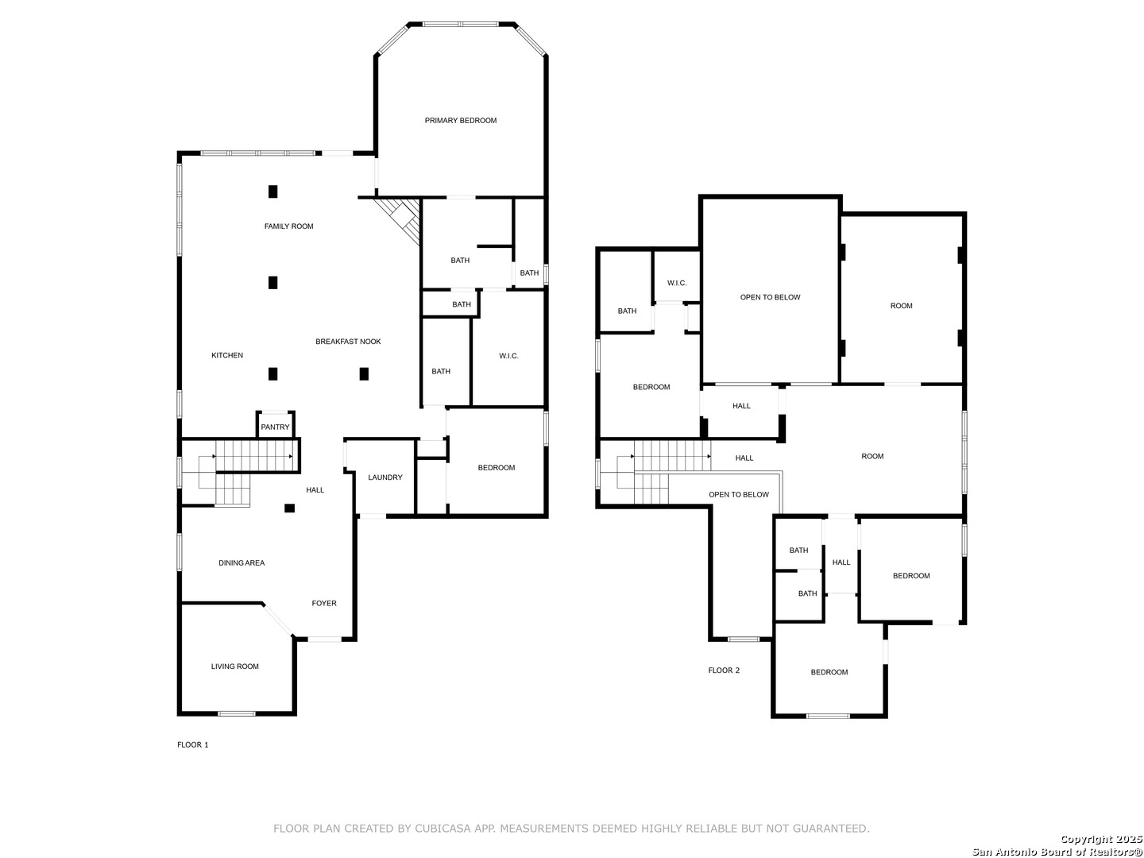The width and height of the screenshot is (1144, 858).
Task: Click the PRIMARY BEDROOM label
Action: (460, 120)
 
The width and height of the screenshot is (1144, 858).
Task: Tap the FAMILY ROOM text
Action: (288, 226)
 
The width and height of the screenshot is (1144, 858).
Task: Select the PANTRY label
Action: (275, 427)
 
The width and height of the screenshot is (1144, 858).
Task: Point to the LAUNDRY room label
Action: (385, 477)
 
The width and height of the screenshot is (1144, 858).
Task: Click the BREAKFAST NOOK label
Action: (348, 342)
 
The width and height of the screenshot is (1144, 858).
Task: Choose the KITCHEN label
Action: (227, 355)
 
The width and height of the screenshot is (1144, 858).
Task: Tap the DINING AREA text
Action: (242, 562)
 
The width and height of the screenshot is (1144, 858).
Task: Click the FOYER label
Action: (324, 603)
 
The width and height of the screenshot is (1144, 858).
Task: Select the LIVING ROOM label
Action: (235, 667)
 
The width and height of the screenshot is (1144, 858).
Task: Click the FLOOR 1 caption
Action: (193, 744)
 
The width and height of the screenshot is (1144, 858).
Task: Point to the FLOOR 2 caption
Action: (724, 671)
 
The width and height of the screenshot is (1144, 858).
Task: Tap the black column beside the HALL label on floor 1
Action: (290, 508)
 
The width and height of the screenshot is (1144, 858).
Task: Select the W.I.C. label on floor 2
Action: (677, 283)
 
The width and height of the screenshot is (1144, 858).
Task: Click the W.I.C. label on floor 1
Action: (508, 356)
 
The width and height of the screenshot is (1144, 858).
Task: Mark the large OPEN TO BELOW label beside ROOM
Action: (771, 297)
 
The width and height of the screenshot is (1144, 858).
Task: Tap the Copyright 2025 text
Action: (1101, 839)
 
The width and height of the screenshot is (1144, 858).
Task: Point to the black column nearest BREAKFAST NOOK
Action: (365, 373)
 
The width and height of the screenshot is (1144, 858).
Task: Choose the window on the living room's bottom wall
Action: (237, 713)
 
